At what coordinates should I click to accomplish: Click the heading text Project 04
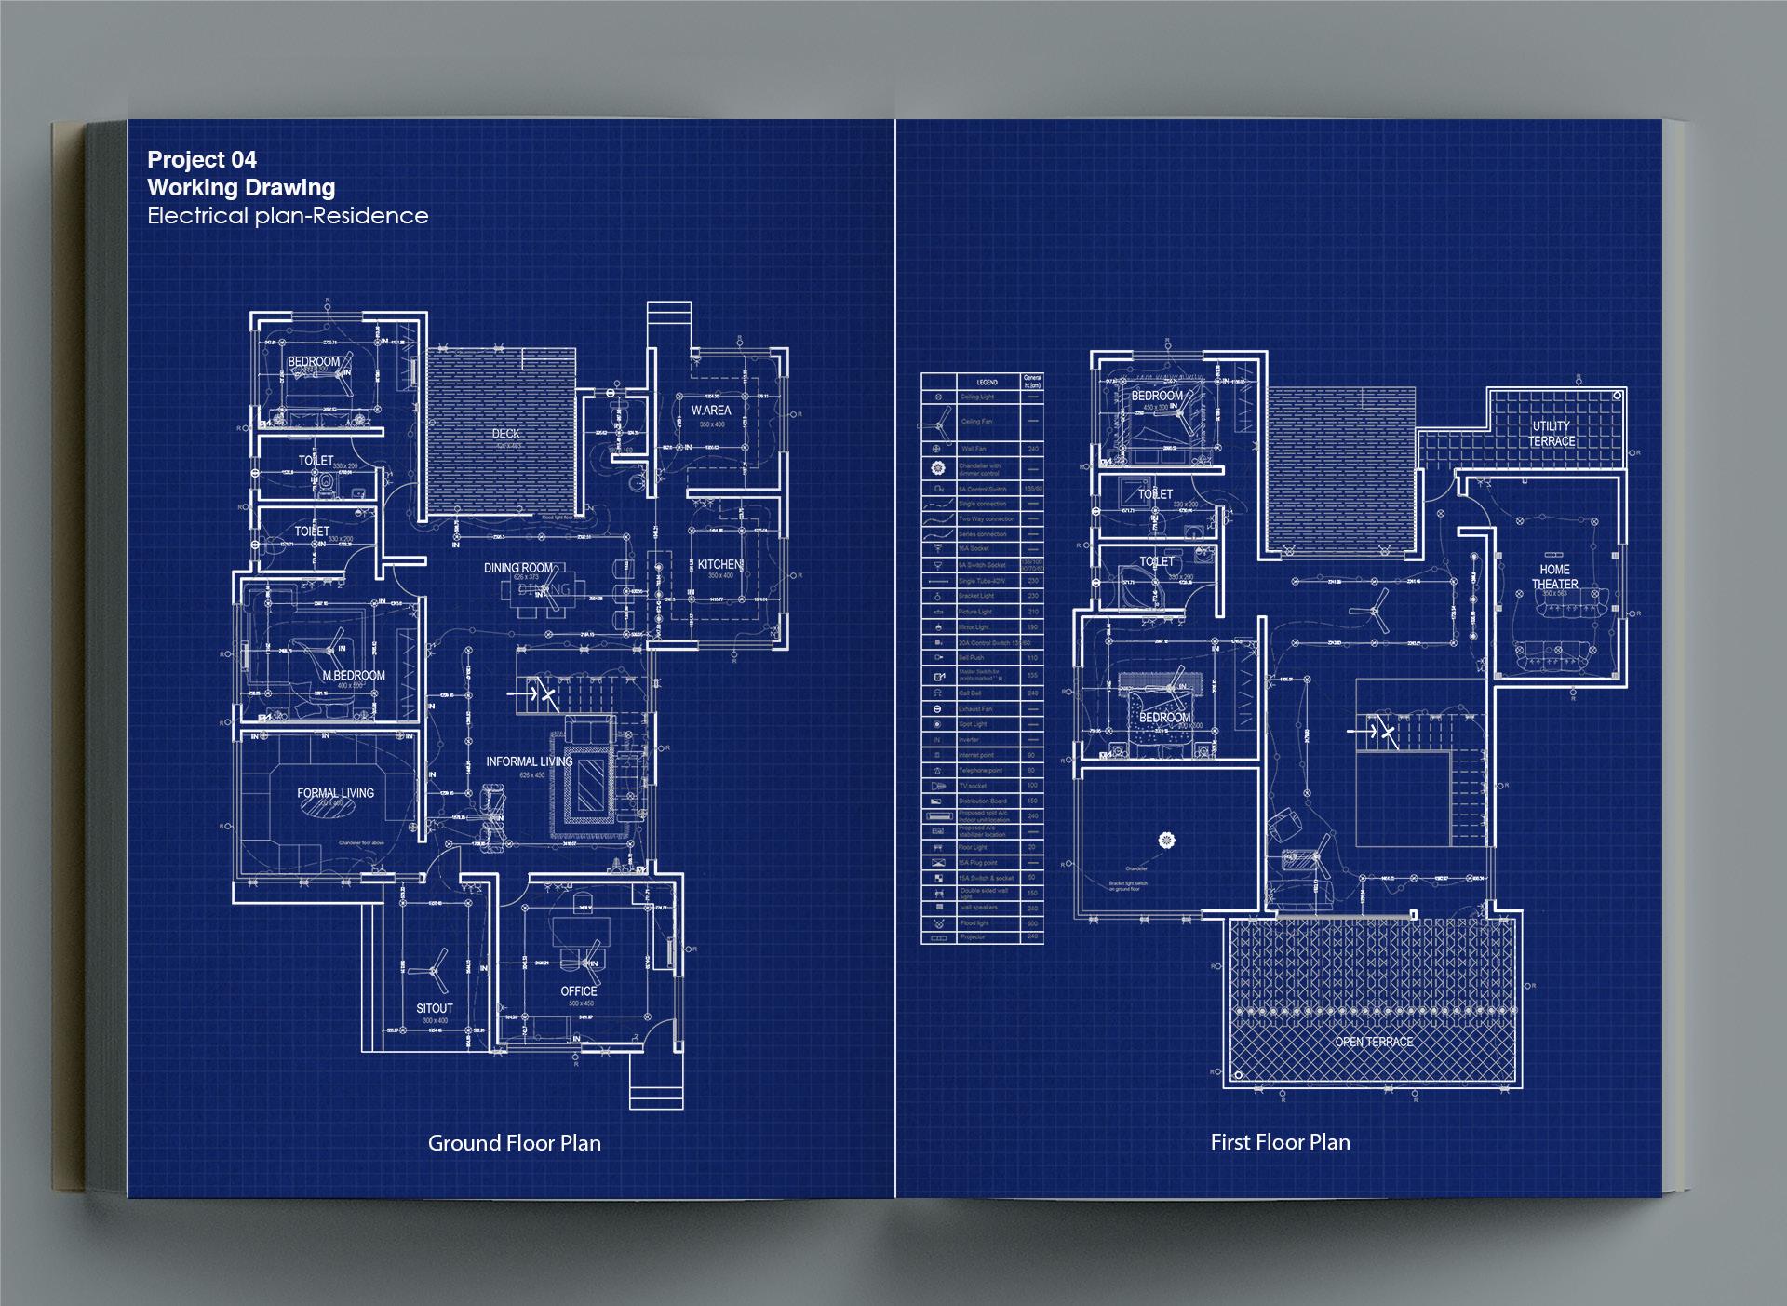point(202,160)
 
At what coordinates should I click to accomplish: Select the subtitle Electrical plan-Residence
point(288,216)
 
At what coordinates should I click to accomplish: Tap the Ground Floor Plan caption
point(514,1143)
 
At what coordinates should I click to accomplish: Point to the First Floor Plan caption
point(1280,1142)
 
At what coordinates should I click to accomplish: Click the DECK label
point(506,434)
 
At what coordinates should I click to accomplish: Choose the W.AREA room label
point(711,411)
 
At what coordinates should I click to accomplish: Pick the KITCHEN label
point(719,564)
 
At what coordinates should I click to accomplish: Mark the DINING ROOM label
point(518,568)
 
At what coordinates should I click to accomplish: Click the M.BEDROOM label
point(354,675)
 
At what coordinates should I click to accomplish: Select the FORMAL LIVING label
point(335,793)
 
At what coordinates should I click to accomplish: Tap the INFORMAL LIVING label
point(529,761)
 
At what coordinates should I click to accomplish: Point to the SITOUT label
point(435,1008)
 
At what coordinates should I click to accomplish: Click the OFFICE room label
point(579,991)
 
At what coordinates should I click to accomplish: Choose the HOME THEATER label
point(1554,577)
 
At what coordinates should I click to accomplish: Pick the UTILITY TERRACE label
point(1551,434)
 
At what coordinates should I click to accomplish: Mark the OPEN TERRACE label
point(1374,1042)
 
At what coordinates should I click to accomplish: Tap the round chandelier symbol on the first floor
point(1165,841)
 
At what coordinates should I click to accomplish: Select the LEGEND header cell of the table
point(987,382)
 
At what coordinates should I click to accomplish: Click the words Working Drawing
point(241,188)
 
